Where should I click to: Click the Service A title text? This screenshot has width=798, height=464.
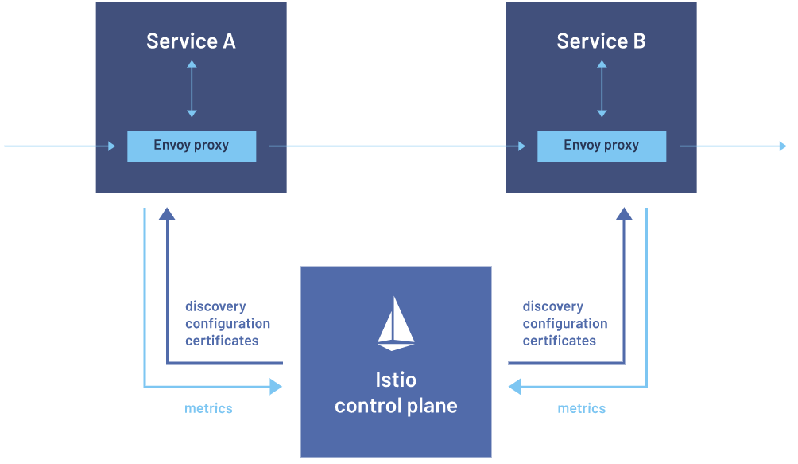click(x=191, y=41)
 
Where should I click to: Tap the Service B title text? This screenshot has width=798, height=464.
click(x=601, y=41)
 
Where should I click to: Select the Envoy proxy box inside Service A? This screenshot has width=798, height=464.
click(x=192, y=146)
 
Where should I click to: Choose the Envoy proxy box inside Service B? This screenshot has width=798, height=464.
click(x=602, y=146)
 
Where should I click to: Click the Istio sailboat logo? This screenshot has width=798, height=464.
click(x=396, y=325)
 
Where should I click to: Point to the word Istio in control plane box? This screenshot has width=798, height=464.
click(x=396, y=380)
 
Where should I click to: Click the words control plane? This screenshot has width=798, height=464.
click(x=396, y=406)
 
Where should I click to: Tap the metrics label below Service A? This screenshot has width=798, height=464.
click(x=208, y=408)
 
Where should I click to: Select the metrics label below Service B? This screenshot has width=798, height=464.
click(x=582, y=408)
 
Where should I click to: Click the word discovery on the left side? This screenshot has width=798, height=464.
click(x=215, y=306)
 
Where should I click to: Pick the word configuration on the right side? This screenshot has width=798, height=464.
click(x=565, y=323)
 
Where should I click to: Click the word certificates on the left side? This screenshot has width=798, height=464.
click(x=222, y=340)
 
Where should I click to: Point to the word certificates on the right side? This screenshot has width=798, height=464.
click(x=560, y=340)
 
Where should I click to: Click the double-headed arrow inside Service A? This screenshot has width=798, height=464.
click(x=192, y=89)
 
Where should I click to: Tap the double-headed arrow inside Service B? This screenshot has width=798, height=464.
click(x=602, y=89)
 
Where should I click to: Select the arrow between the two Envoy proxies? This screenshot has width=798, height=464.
click(x=397, y=146)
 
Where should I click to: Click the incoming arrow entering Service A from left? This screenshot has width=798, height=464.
click(x=60, y=146)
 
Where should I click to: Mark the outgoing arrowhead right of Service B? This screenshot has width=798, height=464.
click(x=783, y=146)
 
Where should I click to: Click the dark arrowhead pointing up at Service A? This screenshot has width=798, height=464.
click(x=167, y=213)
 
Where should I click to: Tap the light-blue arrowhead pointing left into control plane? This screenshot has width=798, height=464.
click(x=514, y=387)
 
